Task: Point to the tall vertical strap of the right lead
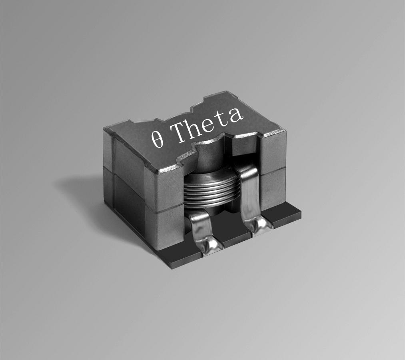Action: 250,192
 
